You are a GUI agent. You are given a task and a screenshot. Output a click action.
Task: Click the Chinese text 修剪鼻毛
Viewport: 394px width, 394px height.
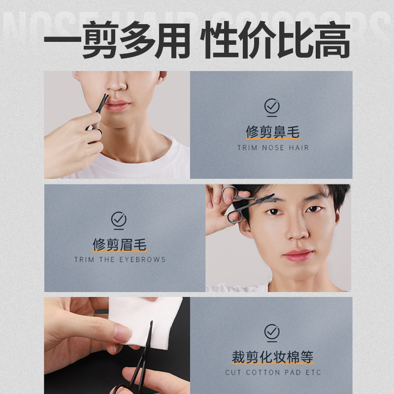click(x=272, y=132)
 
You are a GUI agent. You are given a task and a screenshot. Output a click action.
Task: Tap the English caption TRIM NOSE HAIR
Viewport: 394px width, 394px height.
click(x=273, y=147)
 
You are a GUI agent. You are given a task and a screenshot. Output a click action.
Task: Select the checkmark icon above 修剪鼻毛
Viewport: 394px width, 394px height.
click(x=271, y=106)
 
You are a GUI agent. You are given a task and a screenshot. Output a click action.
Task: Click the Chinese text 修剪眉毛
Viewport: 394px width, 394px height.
click(x=119, y=244)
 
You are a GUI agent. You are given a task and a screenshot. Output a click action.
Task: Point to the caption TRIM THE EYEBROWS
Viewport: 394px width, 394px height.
click(x=120, y=259)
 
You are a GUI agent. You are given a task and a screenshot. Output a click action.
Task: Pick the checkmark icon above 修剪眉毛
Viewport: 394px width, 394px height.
click(x=119, y=219)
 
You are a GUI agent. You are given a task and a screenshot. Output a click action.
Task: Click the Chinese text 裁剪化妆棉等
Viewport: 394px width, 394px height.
click(x=272, y=357)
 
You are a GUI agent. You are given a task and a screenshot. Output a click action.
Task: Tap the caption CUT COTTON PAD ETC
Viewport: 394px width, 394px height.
click(x=272, y=372)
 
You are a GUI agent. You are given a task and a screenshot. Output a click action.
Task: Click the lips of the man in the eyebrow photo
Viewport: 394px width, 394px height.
click(x=297, y=255)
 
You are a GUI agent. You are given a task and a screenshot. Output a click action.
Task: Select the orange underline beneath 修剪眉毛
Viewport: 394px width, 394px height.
click(x=119, y=252)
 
